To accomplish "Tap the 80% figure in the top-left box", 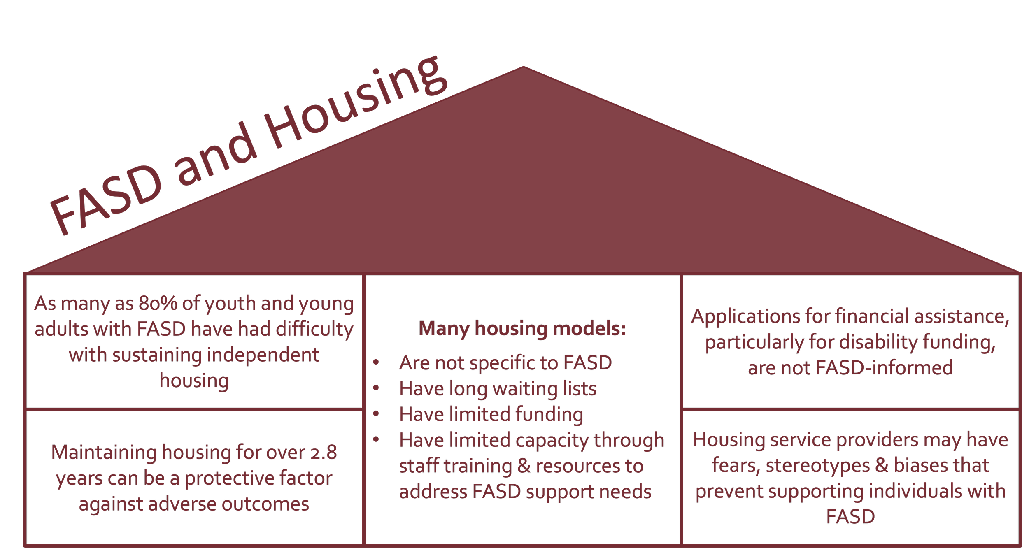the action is click(158, 303).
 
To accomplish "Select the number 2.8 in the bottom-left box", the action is click(324, 453).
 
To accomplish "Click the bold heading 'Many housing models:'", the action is click(522, 328).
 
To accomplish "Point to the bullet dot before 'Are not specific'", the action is click(376, 362).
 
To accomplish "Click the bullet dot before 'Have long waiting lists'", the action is click(376, 388).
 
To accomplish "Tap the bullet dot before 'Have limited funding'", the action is click(376, 413).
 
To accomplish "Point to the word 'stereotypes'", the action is click(817, 465).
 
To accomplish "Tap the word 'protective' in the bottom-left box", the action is click(229, 478).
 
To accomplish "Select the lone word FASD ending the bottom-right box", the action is click(850, 517).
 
